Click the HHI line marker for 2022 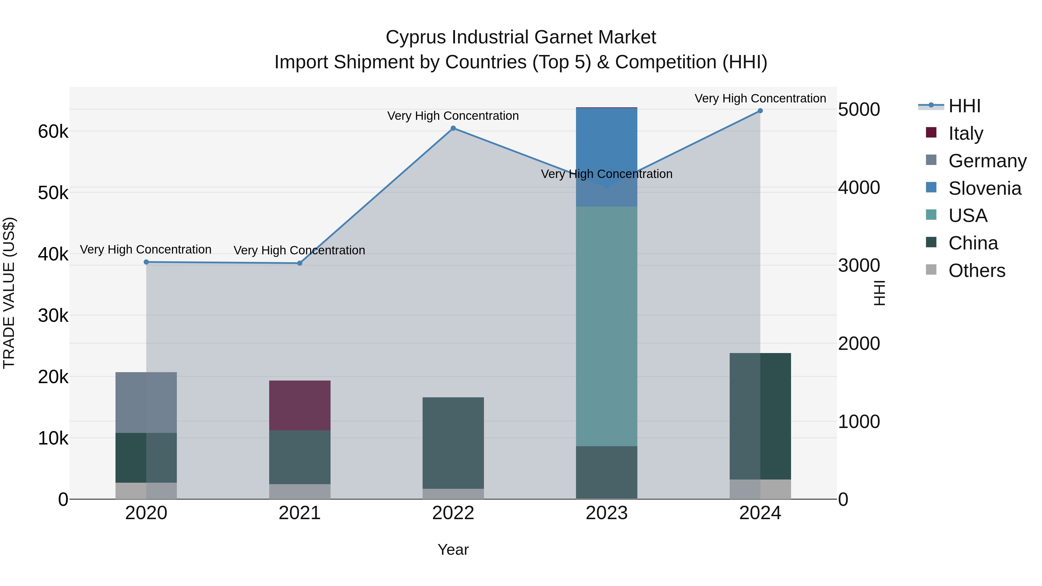pyautogui.click(x=453, y=128)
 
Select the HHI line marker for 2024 pyautogui.click(x=760, y=111)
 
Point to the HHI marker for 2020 pyautogui.click(x=146, y=262)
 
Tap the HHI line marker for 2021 pyautogui.click(x=300, y=263)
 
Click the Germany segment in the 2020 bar pyautogui.click(x=146, y=403)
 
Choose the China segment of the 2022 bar pyautogui.click(x=453, y=443)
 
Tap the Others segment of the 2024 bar pyautogui.click(x=760, y=489)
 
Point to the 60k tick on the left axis pyautogui.click(x=53, y=131)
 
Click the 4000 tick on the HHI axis pyautogui.click(x=859, y=188)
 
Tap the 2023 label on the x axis pyautogui.click(x=606, y=513)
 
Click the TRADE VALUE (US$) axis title pyautogui.click(x=9, y=293)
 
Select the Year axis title pyautogui.click(x=453, y=550)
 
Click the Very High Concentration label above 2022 pyautogui.click(x=453, y=116)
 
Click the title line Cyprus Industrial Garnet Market pyautogui.click(x=521, y=37)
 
